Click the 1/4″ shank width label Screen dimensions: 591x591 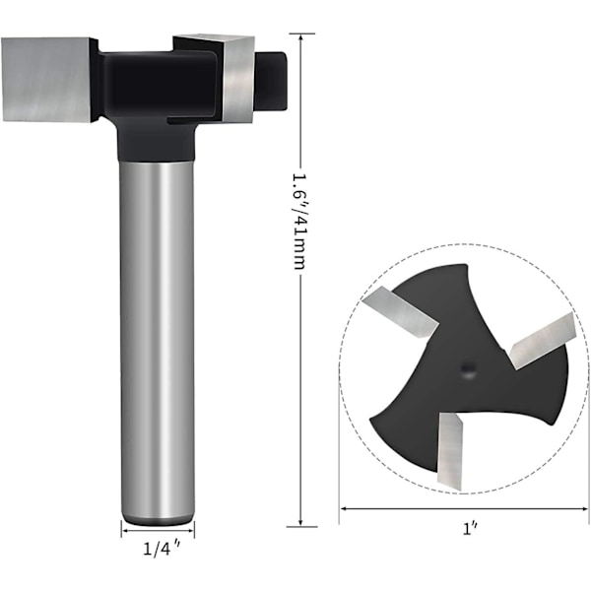tap(162, 549)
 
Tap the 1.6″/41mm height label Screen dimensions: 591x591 tap(300, 222)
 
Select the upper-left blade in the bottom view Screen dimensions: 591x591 tap(400, 311)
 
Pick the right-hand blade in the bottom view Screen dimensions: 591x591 tap(543, 340)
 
